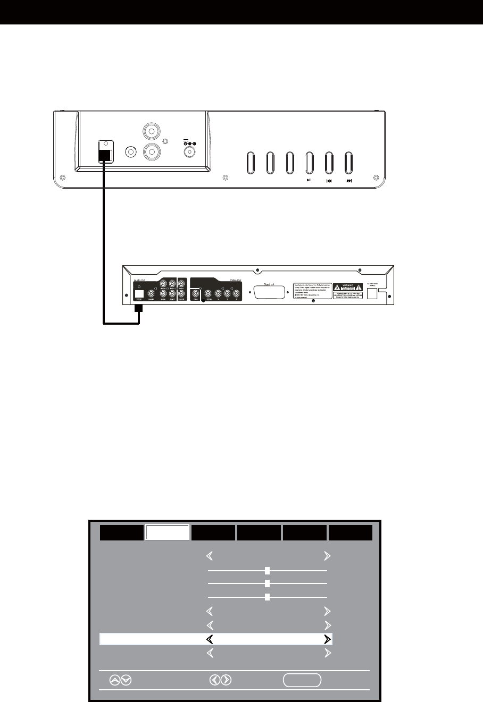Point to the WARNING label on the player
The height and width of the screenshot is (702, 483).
pos(348,286)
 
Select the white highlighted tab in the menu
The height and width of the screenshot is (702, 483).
pos(168,532)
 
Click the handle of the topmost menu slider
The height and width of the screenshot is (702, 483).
pos(268,570)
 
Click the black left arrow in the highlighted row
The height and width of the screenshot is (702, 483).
pos(210,639)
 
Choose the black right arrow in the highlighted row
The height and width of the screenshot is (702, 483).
pos(327,639)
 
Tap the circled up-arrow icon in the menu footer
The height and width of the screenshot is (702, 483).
pos(115,680)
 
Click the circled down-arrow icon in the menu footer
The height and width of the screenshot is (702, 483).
pos(126,680)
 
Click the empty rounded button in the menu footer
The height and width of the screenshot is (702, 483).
pos(302,680)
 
